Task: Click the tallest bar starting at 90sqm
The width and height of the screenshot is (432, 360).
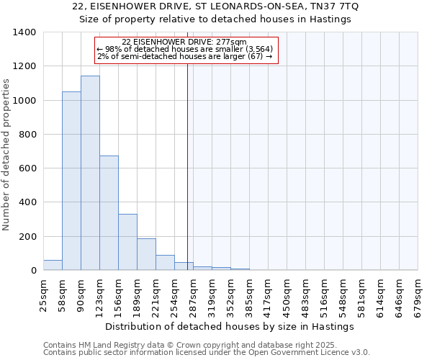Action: [x=90, y=173]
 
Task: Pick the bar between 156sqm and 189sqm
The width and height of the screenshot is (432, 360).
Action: [x=127, y=242]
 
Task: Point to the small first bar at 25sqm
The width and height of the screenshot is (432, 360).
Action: [x=53, y=265]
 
